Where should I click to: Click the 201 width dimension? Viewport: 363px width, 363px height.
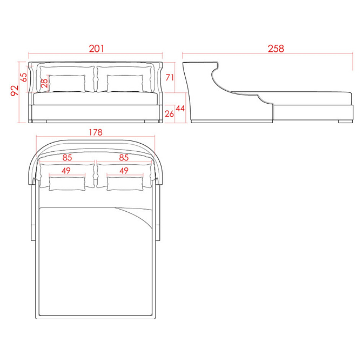coord(97,49)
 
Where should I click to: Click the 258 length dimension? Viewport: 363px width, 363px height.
coord(275,49)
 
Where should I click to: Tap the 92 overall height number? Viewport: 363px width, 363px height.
coord(15,91)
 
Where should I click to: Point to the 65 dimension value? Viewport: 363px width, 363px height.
coord(24,77)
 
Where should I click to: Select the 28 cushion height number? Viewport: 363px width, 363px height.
coord(44,83)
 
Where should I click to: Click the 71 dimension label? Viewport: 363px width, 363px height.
coord(170,77)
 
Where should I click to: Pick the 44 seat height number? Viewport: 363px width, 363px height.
coord(180,109)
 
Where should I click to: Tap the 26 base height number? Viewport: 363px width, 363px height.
coord(169,113)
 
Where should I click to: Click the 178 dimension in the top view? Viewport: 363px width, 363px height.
coord(96,132)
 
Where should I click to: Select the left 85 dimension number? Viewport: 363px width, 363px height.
coord(67,158)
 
